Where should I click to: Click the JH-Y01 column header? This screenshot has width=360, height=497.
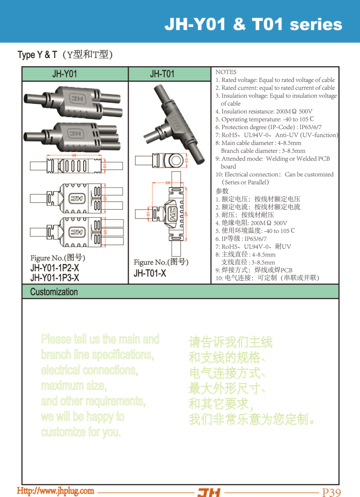[x=65, y=74]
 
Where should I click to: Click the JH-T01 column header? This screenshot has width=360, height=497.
[x=162, y=74]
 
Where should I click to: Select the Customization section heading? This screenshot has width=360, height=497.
[x=54, y=291]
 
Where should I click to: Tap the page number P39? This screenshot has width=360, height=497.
[x=332, y=492]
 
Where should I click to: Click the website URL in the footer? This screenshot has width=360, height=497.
[x=56, y=491]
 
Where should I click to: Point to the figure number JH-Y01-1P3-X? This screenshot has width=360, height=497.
[x=55, y=278]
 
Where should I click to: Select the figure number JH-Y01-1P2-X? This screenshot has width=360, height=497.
[x=55, y=269]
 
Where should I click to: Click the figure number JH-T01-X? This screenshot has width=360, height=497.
[x=150, y=273]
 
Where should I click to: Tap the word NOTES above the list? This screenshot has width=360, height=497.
[x=226, y=72]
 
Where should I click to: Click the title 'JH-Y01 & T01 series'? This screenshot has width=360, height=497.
[x=253, y=24]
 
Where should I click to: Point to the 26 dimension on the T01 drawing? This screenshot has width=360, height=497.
[x=167, y=183]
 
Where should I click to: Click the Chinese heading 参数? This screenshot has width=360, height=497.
[x=222, y=191]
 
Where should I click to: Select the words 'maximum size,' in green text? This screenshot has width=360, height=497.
[x=73, y=386]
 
